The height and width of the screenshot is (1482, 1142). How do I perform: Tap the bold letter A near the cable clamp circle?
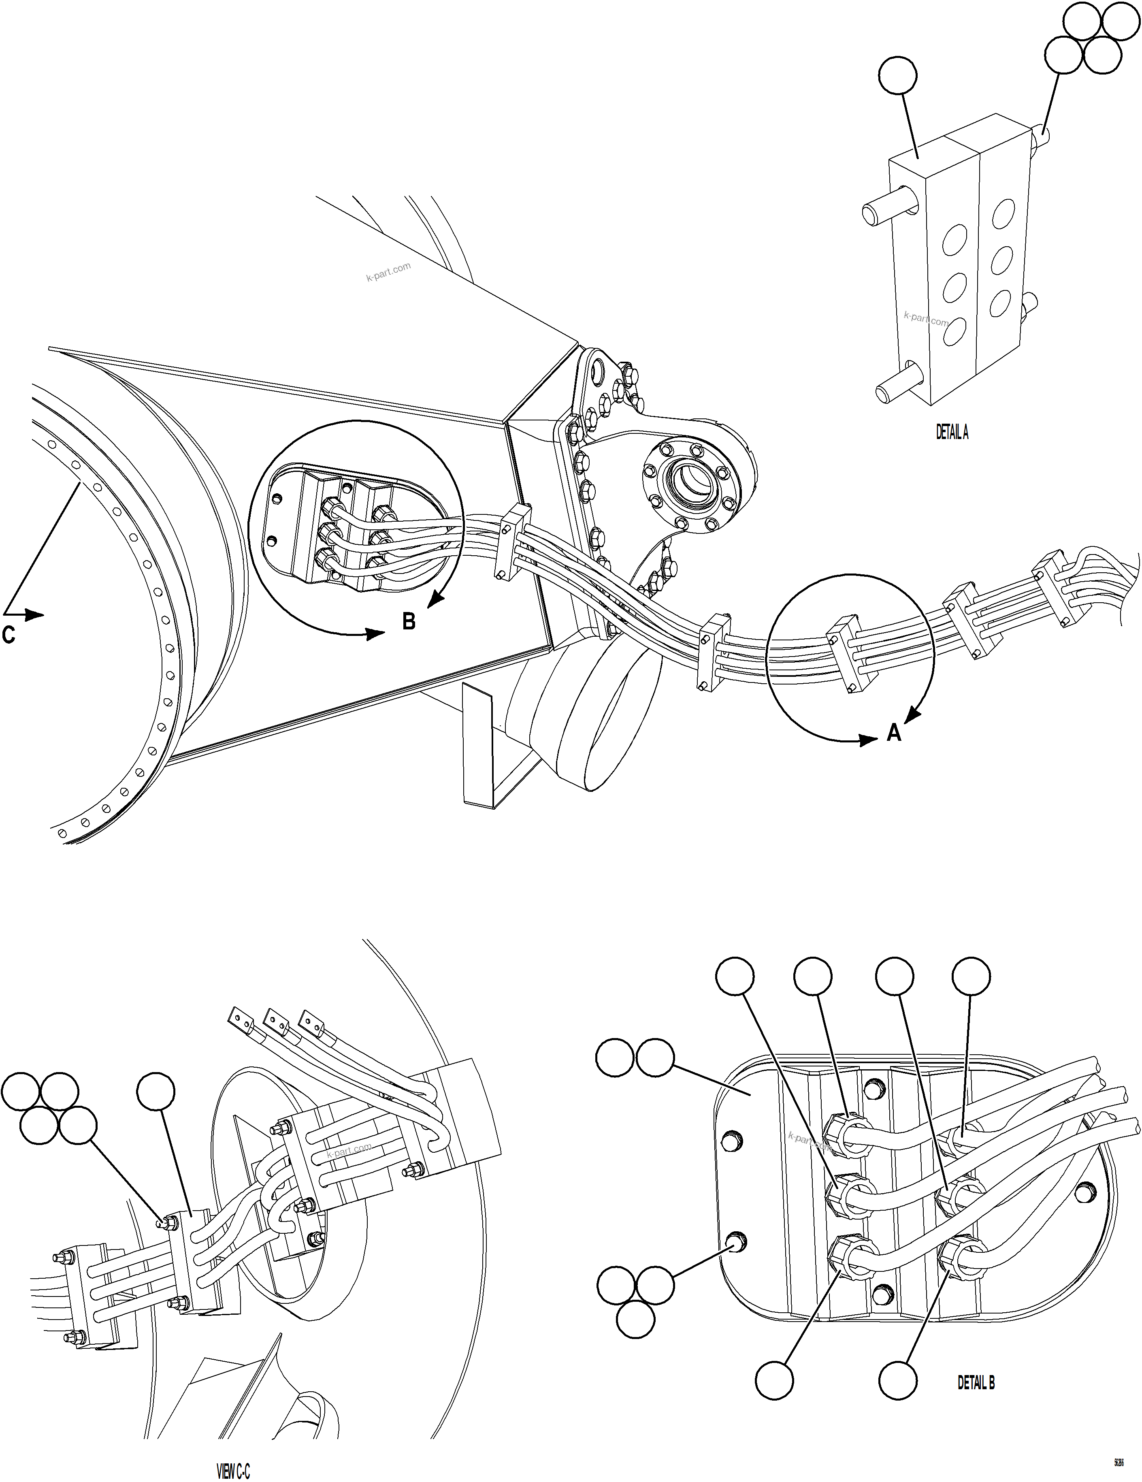point(894,732)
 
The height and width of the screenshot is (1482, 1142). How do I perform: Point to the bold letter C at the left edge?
point(8,635)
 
